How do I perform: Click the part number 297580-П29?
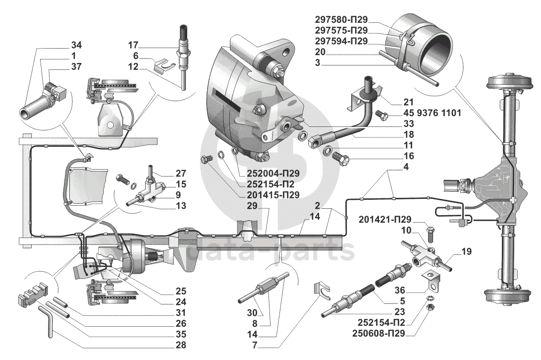click(x=342, y=19)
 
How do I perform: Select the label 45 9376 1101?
click(x=428, y=114)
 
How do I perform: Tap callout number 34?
click(x=76, y=45)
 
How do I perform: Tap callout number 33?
click(x=409, y=124)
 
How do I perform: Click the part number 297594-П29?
click(x=342, y=41)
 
